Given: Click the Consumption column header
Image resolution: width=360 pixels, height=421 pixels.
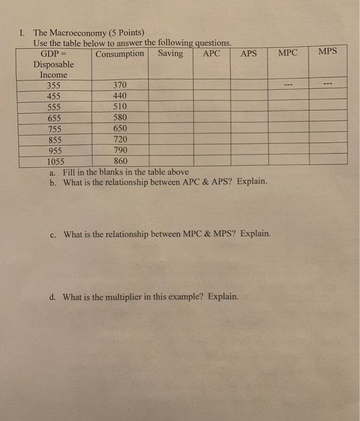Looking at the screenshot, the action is [x=120, y=54].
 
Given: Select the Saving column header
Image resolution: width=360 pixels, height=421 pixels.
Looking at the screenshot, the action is [x=170, y=54].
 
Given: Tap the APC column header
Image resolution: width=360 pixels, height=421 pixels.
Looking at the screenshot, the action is [x=211, y=54].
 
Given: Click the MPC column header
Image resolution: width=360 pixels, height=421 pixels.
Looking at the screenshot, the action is [x=288, y=53].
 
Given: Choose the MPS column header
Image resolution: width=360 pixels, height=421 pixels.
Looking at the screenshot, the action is [x=327, y=52].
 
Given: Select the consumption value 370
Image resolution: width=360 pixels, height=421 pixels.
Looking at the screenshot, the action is [x=120, y=86].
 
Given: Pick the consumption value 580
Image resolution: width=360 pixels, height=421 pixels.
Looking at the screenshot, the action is [x=120, y=117].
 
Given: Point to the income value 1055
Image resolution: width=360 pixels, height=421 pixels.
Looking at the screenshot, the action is [x=55, y=161].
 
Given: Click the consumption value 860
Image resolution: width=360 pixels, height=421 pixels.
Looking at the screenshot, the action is [x=120, y=161].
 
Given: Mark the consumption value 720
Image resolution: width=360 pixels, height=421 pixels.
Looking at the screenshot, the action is [x=120, y=139].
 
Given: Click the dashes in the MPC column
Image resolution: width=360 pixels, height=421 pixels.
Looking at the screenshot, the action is [x=288, y=85].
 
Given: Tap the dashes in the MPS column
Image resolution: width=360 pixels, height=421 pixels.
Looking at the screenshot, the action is [x=327, y=84].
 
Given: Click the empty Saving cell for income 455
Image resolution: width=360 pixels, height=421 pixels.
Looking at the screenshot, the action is [x=170, y=96].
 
